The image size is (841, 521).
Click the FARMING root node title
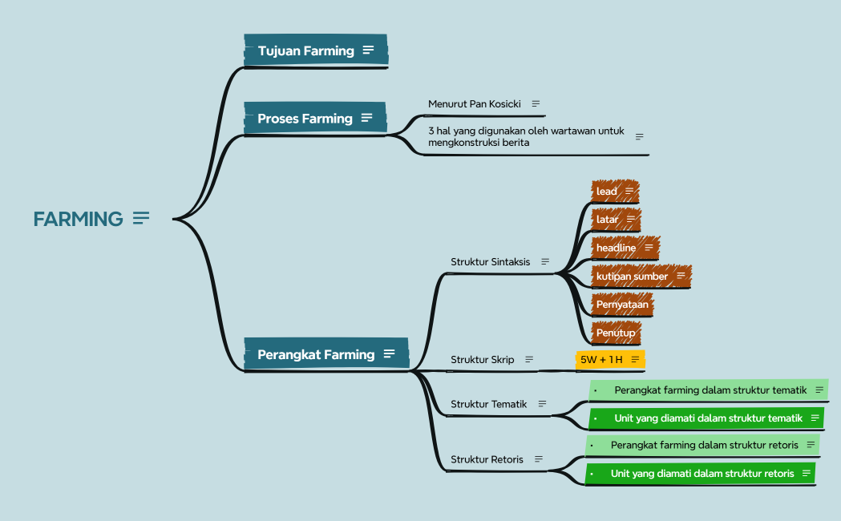pyautogui.click(x=78, y=219)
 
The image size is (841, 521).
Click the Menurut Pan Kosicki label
pyautogui.click(x=474, y=104)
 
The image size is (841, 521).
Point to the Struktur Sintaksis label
pyautogui.click(x=490, y=262)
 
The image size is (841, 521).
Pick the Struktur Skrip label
pyautogui.click(x=482, y=360)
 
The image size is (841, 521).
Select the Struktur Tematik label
pyautogui.click(x=488, y=404)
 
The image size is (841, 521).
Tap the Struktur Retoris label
pyautogui.click(x=487, y=459)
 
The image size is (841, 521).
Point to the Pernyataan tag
pyautogui.click(x=622, y=305)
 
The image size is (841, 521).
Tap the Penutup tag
pyautogui.click(x=616, y=333)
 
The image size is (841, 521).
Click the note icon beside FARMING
pyautogui.click(x=141, y=218)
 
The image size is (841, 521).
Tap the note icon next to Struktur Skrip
pyautogui.click(x=529, y=360)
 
